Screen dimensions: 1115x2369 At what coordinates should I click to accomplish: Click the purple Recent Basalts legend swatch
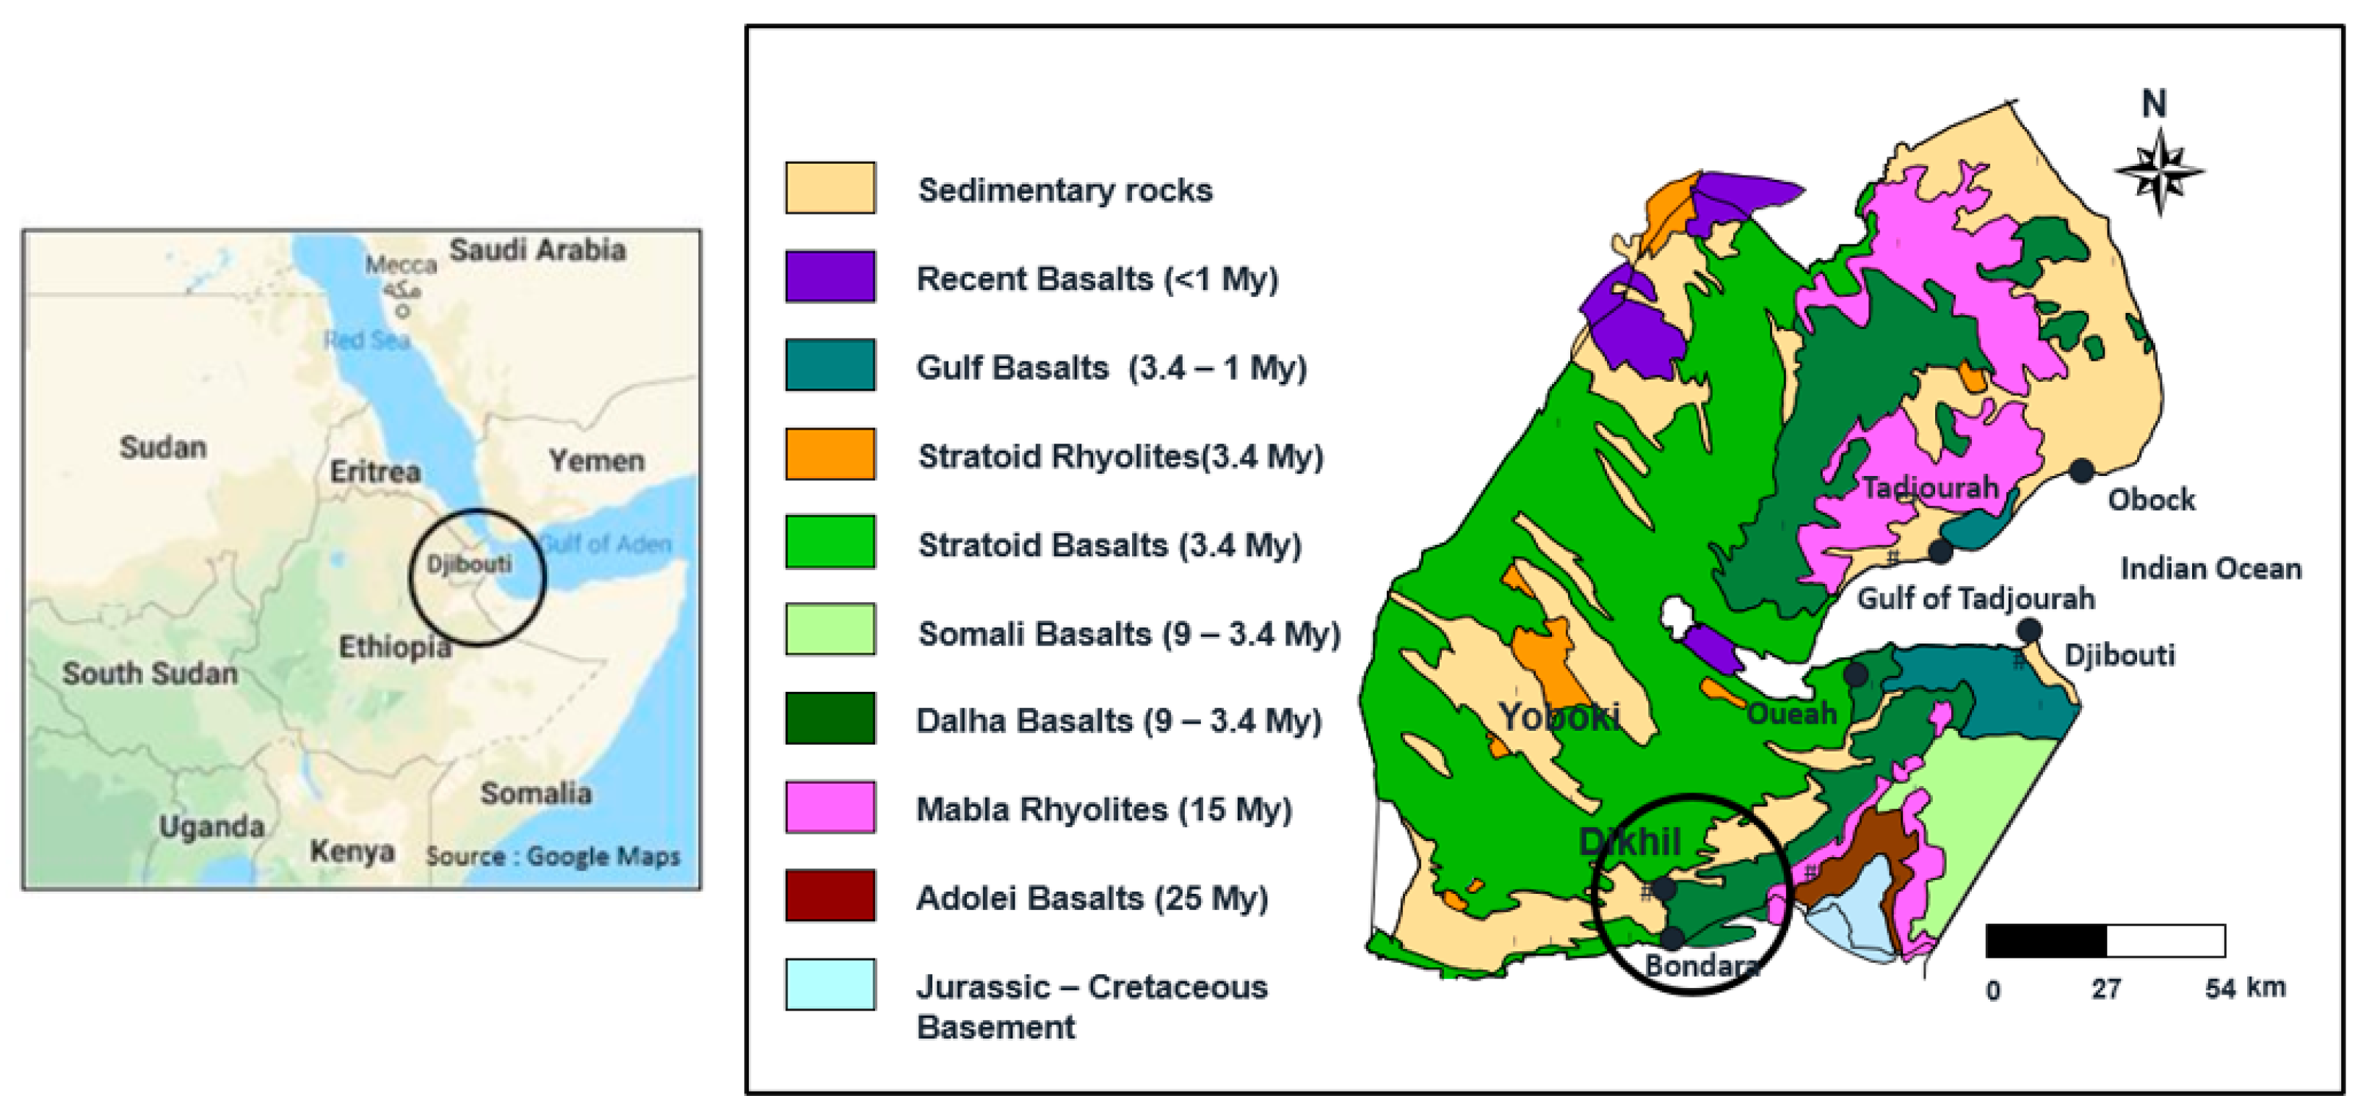pos(830,276)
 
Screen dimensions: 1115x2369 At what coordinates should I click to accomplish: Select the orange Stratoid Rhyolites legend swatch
pos(830,453)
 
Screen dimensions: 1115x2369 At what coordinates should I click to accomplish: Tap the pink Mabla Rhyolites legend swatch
pos(830,807)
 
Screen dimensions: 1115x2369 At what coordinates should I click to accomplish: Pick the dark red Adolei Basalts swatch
pos(830,895)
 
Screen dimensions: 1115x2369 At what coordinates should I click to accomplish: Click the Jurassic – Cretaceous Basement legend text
pos(1091,1006)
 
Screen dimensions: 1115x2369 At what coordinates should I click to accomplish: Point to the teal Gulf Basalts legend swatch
pos(830,365)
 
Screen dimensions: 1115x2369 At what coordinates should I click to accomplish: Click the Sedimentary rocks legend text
pos(1065,190)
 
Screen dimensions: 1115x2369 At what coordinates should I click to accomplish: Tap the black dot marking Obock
pos(2082,471)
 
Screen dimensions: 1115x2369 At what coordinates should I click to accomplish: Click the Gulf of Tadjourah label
pos(1976,599)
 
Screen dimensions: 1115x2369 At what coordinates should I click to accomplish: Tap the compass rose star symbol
pos(2159,172)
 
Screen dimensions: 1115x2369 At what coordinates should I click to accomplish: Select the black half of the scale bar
pos(2045,941)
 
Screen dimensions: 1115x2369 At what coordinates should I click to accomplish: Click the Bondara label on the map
pos(1699,966)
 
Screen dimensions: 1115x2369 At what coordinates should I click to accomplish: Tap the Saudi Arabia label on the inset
pos(537,249)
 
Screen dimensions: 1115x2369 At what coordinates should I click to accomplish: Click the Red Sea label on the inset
pos(366,340)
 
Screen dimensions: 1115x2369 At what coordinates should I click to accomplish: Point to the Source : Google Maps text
pos(553,856)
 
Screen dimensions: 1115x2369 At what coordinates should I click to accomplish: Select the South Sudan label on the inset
pos(150,673)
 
